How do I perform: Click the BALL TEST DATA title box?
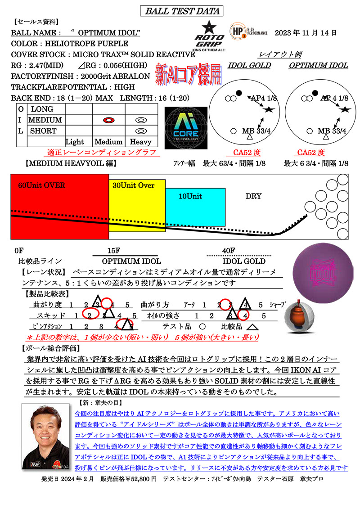181,11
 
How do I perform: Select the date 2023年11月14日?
306,33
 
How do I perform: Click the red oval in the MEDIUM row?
109,120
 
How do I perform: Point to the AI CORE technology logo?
186,128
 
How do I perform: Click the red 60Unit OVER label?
41,185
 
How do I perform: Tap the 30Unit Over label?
133,185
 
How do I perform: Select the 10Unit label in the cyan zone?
190,196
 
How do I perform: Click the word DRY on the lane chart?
253,196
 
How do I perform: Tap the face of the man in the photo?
45,428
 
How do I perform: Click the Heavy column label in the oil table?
140,142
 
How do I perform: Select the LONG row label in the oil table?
42,109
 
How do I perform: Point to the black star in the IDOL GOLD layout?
269,109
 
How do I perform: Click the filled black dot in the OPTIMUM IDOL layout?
315,93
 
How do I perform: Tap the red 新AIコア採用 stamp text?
189,74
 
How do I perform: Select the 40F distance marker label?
229,251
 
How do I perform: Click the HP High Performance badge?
249,31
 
